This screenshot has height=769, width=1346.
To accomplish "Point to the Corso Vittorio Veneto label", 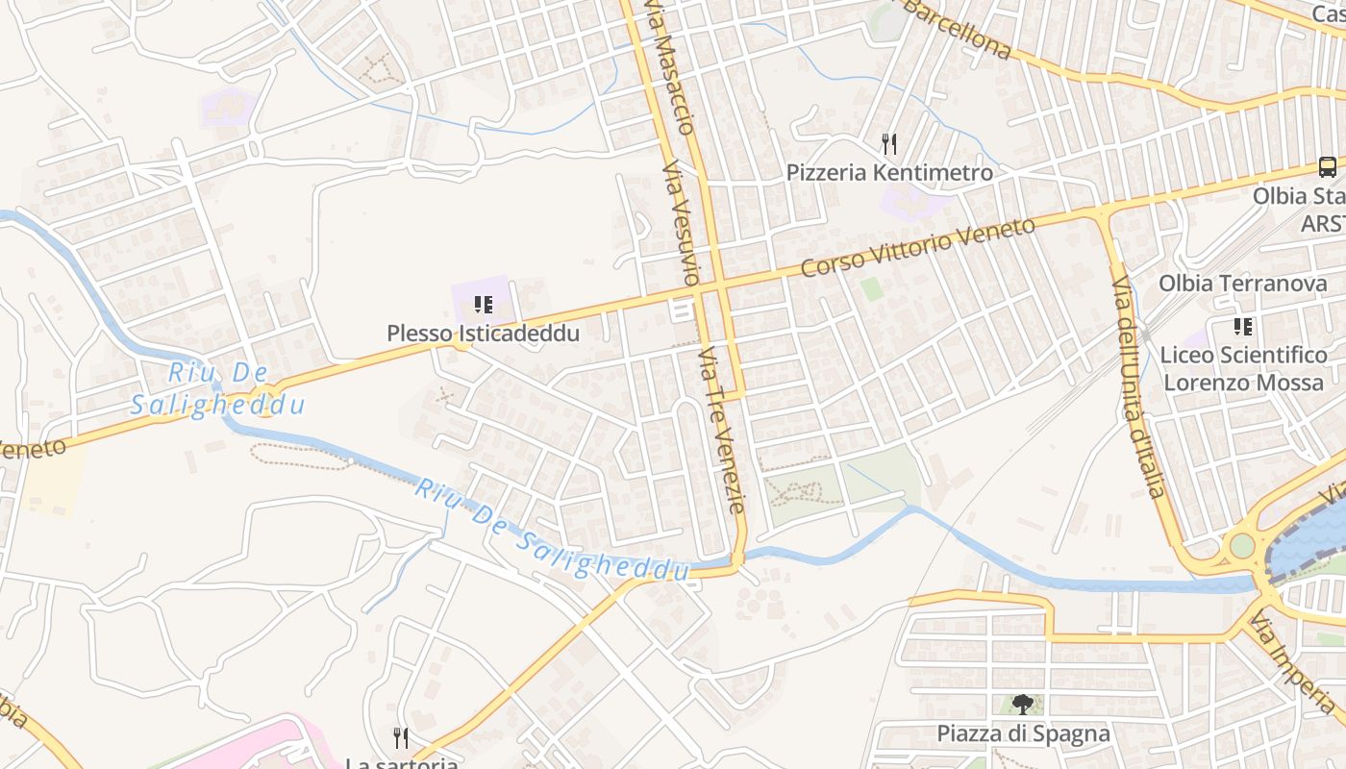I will (x=917, y=247).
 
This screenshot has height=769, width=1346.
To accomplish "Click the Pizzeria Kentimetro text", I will (x=889, y=173).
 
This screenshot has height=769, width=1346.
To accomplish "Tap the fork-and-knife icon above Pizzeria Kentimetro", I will (x=889, y=144).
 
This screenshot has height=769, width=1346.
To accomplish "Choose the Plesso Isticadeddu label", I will (x=483, y=334).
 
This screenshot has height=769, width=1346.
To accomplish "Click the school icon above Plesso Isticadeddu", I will (x=484, y=306).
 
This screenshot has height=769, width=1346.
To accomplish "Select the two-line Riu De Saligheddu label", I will (x=217, y=388).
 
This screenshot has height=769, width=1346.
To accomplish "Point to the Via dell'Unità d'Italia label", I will (x=1139, y=384).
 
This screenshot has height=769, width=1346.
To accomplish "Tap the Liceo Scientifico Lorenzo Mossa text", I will (x=1243, y=368).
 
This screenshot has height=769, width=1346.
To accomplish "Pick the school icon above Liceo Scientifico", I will (x=1242, y=327).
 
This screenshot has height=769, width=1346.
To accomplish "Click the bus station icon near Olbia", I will (x=1327, y=167).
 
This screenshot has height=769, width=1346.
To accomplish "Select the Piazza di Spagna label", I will (x=1023, y=734).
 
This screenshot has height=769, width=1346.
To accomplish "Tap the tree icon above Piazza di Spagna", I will (x=1022, y=705).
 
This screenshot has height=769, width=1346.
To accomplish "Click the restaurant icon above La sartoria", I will (x=401, y=738).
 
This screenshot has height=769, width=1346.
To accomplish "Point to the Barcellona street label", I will (x=957, y=27).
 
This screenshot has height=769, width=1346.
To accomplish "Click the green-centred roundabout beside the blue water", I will (x=1242, y=546).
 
